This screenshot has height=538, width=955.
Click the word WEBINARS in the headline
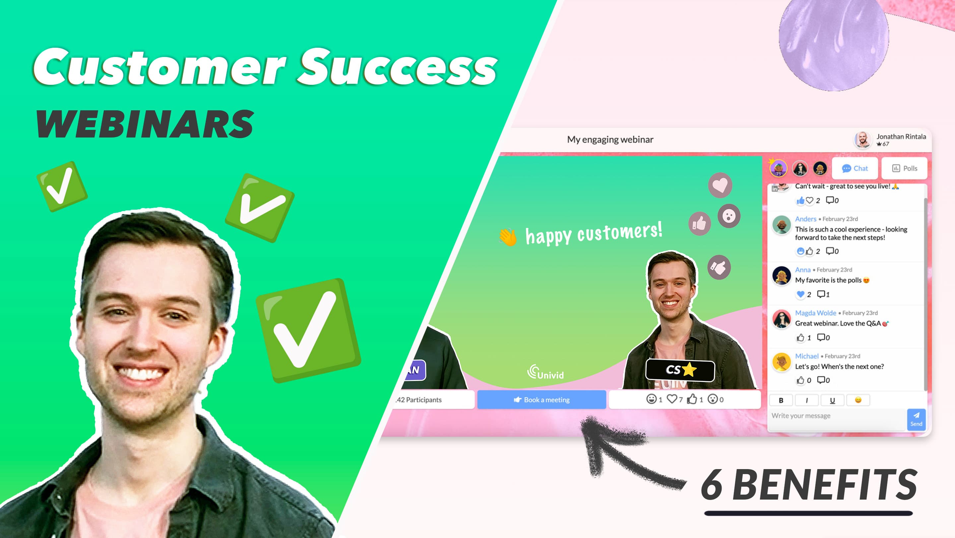[x=145, y=124]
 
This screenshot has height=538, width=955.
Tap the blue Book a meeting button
[x=541, y=400]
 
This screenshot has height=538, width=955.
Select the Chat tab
[x=855, y=169]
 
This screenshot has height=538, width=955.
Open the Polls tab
[x=904, y=169]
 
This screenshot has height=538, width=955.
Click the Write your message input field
[x=836, y=416]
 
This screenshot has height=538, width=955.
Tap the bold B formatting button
[x=781, y=400]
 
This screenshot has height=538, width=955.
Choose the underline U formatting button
[x=832, y=400]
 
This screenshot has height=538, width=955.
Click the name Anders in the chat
[x=805, y=219]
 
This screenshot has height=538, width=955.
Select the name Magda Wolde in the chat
[x=815, y=313]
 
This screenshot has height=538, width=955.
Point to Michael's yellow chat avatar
[x=782, y=362]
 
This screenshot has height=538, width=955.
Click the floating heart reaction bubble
[x=720, y=185]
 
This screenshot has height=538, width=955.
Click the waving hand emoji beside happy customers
[x=508, y=237]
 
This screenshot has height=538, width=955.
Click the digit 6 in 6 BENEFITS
[x=712, y=485]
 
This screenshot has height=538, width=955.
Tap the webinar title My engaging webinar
[x=610, y=139]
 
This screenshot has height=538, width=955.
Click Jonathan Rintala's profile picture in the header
[x=862, y=140]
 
